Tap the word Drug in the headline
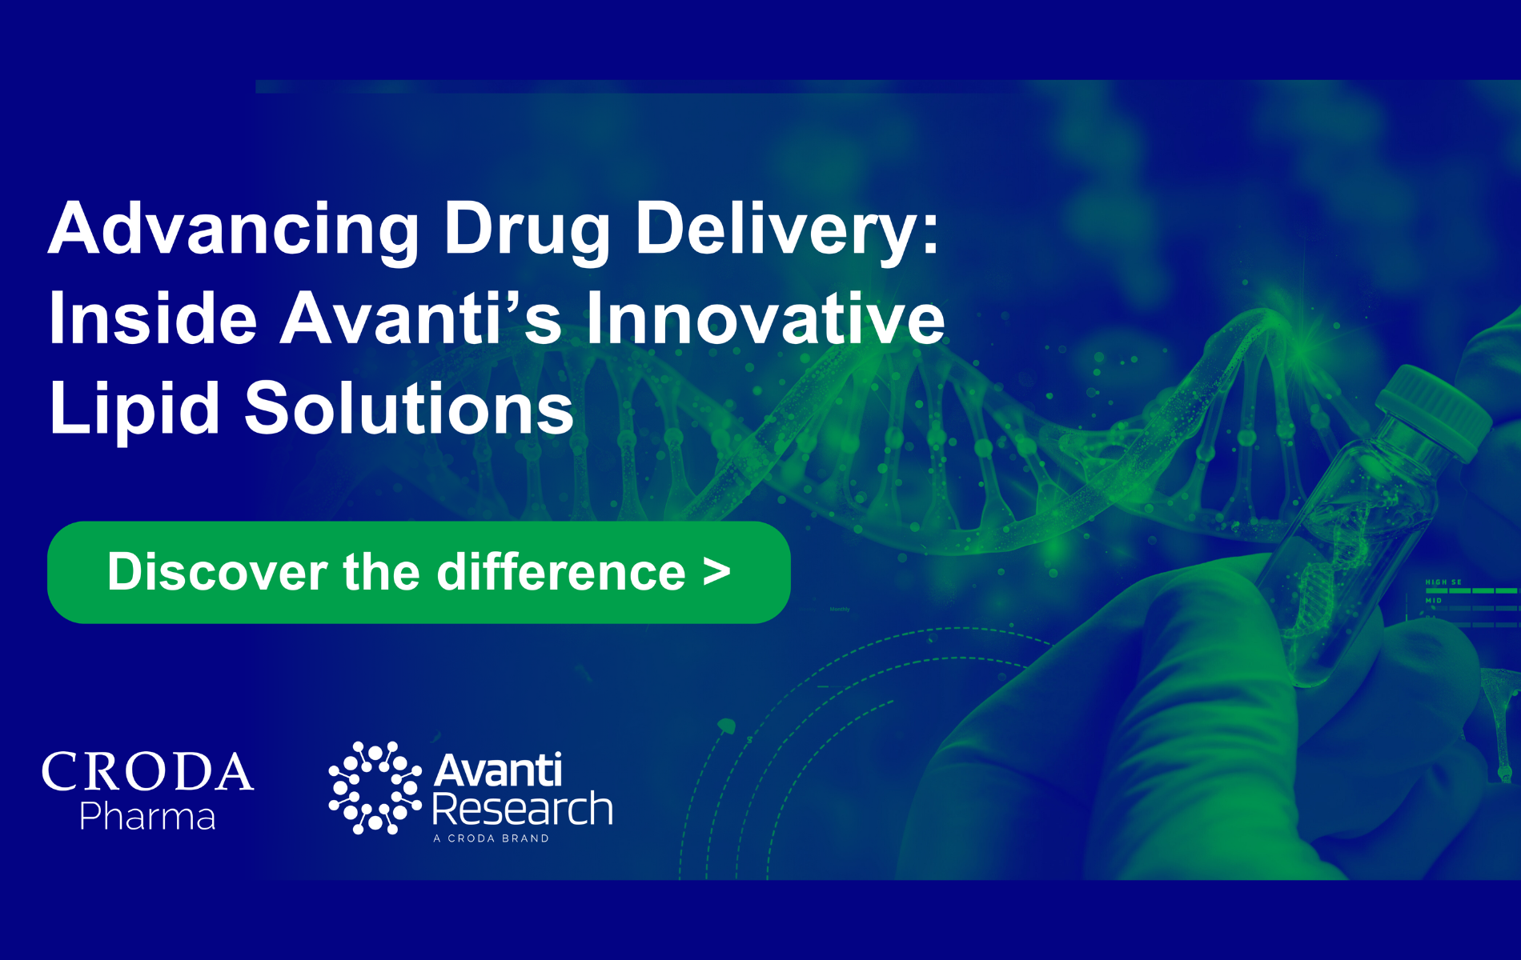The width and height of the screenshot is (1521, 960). pos(527,229)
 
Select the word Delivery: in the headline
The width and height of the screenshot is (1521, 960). pos(787,229)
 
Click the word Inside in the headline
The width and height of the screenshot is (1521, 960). pos(153,318)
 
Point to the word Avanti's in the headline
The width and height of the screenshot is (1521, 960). pos(420,318)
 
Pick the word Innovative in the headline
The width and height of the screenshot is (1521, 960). pos(765,318)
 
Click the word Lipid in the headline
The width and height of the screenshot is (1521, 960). pos(134,408)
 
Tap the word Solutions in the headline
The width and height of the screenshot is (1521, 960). pos(409,408)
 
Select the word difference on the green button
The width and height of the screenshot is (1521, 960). pos(561,572)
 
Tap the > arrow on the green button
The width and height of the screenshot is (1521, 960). pos(716,572)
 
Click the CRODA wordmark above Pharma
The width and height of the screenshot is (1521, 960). pos(148,772)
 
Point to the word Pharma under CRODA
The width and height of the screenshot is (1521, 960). pos(148,817)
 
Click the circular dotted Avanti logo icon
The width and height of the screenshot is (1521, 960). pos(375,788)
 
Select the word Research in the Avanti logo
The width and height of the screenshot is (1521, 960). pos(523,809)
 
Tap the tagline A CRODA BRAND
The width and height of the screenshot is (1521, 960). pos(491,838)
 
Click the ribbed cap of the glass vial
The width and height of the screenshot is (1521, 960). pos(1437,408)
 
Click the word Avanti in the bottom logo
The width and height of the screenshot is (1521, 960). pos(498,770)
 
